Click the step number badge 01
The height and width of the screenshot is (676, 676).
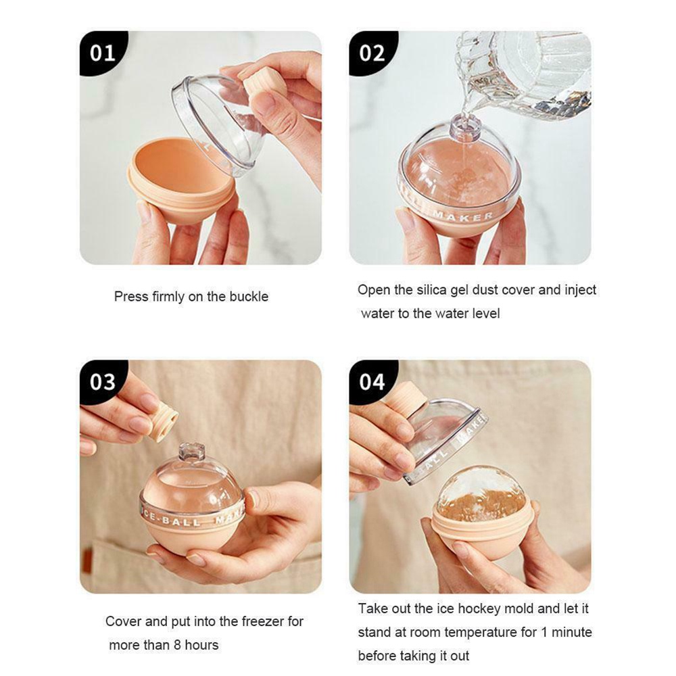[102, 53]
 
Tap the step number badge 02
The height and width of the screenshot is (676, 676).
[371, 53]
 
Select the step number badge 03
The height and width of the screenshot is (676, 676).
[102, 382]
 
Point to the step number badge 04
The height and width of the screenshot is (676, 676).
[371, 382]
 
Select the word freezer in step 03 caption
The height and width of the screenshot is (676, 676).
[279, 621]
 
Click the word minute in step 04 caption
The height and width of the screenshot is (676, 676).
[571, 632]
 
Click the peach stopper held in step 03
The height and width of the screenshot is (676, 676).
[162, 421]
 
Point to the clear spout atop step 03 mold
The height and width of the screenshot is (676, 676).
[191, 452]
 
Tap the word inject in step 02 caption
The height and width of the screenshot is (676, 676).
[581, 290]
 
